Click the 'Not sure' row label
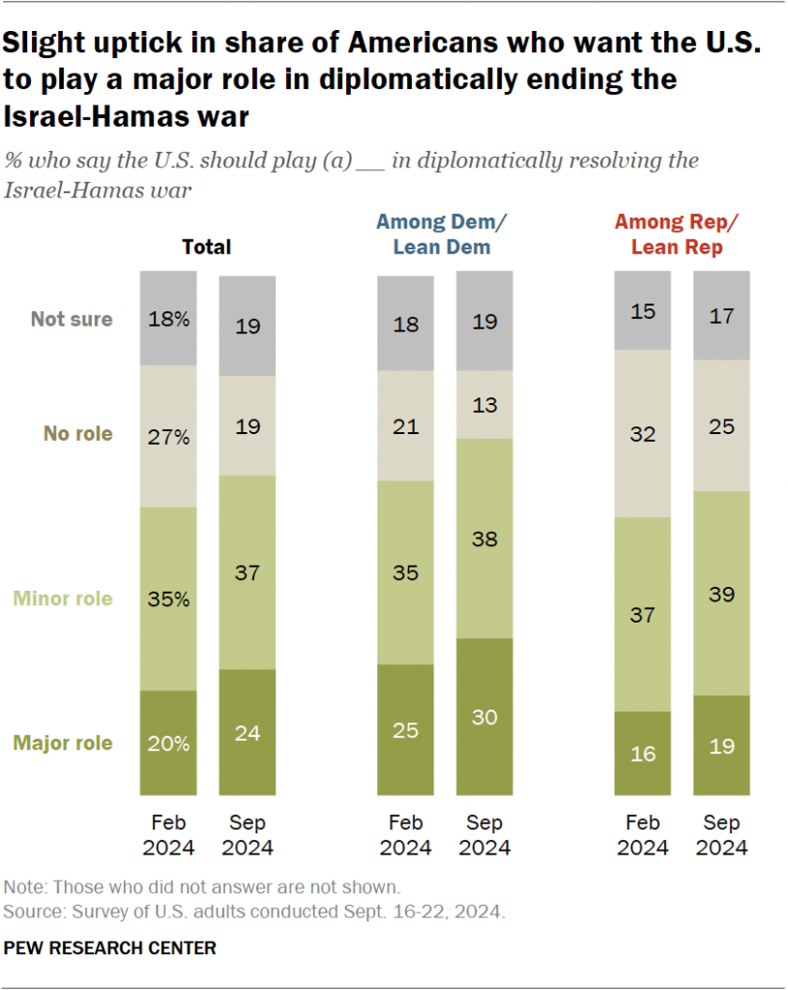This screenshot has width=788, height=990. [72, 319]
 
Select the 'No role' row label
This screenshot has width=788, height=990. [77, 433]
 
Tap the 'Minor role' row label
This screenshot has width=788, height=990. [63, 598]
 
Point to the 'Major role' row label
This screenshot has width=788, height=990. [63, 742]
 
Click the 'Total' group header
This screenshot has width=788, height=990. [207, 247]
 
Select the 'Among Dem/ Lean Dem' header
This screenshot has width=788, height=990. [441, 235]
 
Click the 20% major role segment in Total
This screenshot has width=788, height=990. [168, 742]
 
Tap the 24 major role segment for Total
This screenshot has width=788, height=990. [247, 733]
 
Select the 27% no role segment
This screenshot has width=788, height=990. [168, 435]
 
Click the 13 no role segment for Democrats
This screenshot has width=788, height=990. [484, 404]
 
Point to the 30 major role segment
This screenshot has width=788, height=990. [484, 717]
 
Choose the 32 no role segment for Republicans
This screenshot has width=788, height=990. [643, 433]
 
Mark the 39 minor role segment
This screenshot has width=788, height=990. [721, 593]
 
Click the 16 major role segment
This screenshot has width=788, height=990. [643, 753]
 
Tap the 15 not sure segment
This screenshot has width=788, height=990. [643, 310]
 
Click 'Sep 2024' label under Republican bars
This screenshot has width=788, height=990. [721, 835]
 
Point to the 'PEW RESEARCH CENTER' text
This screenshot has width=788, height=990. [110, 947]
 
